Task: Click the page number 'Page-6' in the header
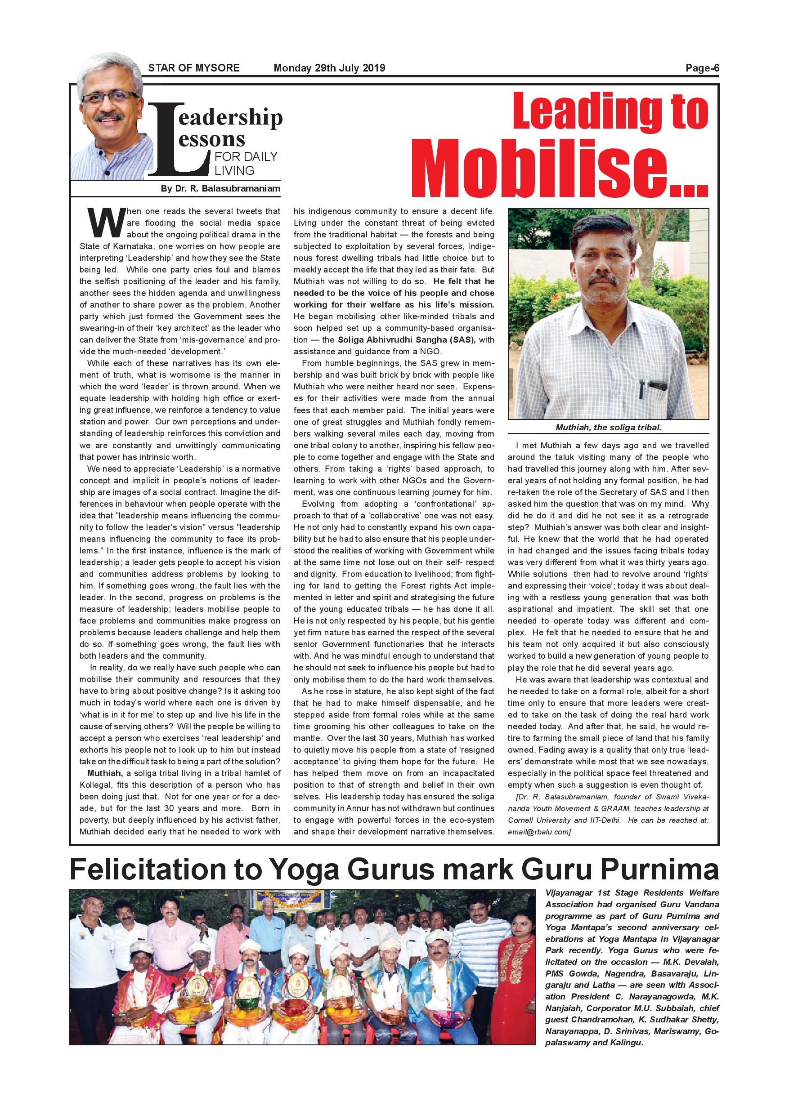(702, 68)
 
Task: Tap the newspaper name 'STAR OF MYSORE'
(193, 68)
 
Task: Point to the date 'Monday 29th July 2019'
(329, 68)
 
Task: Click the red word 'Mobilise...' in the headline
(559, 168)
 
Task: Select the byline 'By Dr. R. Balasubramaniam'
(220, 188)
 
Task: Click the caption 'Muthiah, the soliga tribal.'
(608, 428)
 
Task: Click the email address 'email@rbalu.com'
(538, 832)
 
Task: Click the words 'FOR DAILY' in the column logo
(246, 156)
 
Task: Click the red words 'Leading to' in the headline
(610, 113)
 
